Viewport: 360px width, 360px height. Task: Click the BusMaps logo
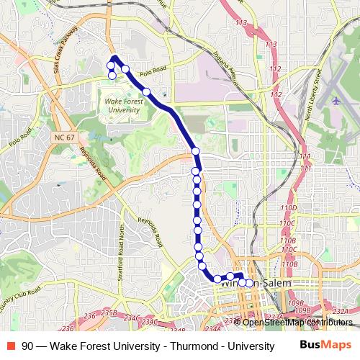tap(320, 345)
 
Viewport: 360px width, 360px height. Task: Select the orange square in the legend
tap(12, 346)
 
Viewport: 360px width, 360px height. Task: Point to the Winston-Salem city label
tap(258, 284)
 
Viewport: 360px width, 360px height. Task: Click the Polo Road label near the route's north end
tap(153, 73)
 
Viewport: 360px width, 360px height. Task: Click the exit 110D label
tap(289, 207)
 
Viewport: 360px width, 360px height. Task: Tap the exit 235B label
tap(109, 313)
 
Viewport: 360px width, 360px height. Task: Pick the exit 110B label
tap(288, 240)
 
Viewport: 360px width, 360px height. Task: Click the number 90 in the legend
tap(27, 346)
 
